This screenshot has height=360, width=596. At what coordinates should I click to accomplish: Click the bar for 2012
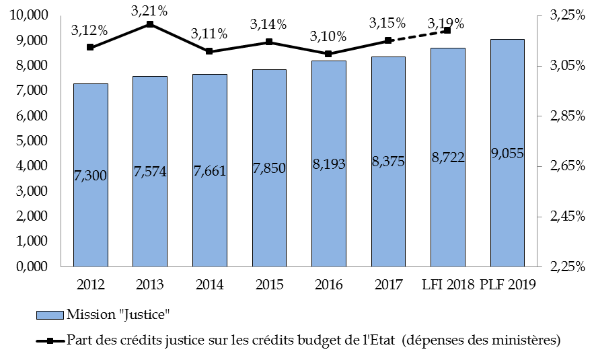click(x=90, y=175)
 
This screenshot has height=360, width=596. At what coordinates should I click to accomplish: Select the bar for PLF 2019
click(x=507, y=153)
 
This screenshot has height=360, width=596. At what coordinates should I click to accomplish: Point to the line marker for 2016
click(x=328, y=54)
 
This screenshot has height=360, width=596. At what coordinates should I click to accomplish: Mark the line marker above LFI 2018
click(x=447, y=30)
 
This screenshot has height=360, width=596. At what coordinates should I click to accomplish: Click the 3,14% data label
click(x=268, y=24)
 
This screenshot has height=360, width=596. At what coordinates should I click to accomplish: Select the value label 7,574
click(x=149, y=172)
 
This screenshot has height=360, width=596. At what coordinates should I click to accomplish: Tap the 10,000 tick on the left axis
click(x=29, y=15)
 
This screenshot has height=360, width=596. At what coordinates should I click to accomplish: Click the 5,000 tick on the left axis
click(x=32, y=141)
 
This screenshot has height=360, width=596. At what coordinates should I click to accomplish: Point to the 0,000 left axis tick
click(x=32, y=266)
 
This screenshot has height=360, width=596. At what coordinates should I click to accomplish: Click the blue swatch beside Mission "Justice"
click(x=50, y=314)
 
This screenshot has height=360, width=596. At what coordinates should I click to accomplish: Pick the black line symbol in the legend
click(x=50, y=340)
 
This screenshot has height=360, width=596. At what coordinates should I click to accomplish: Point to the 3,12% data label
click(x=89, y=30)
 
